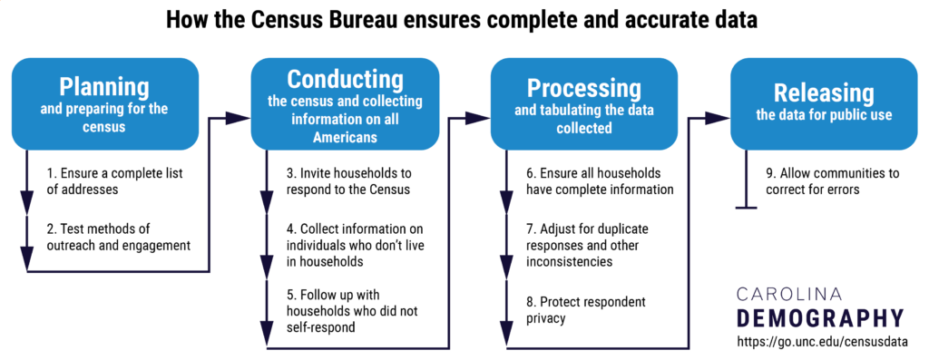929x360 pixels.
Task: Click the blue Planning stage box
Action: (104, 103)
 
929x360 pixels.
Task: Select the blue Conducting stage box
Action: (345, 103)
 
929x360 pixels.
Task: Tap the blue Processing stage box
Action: (584, 103)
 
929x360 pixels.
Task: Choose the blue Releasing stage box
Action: (824, 103)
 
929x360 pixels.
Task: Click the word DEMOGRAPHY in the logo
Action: (820, 317)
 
